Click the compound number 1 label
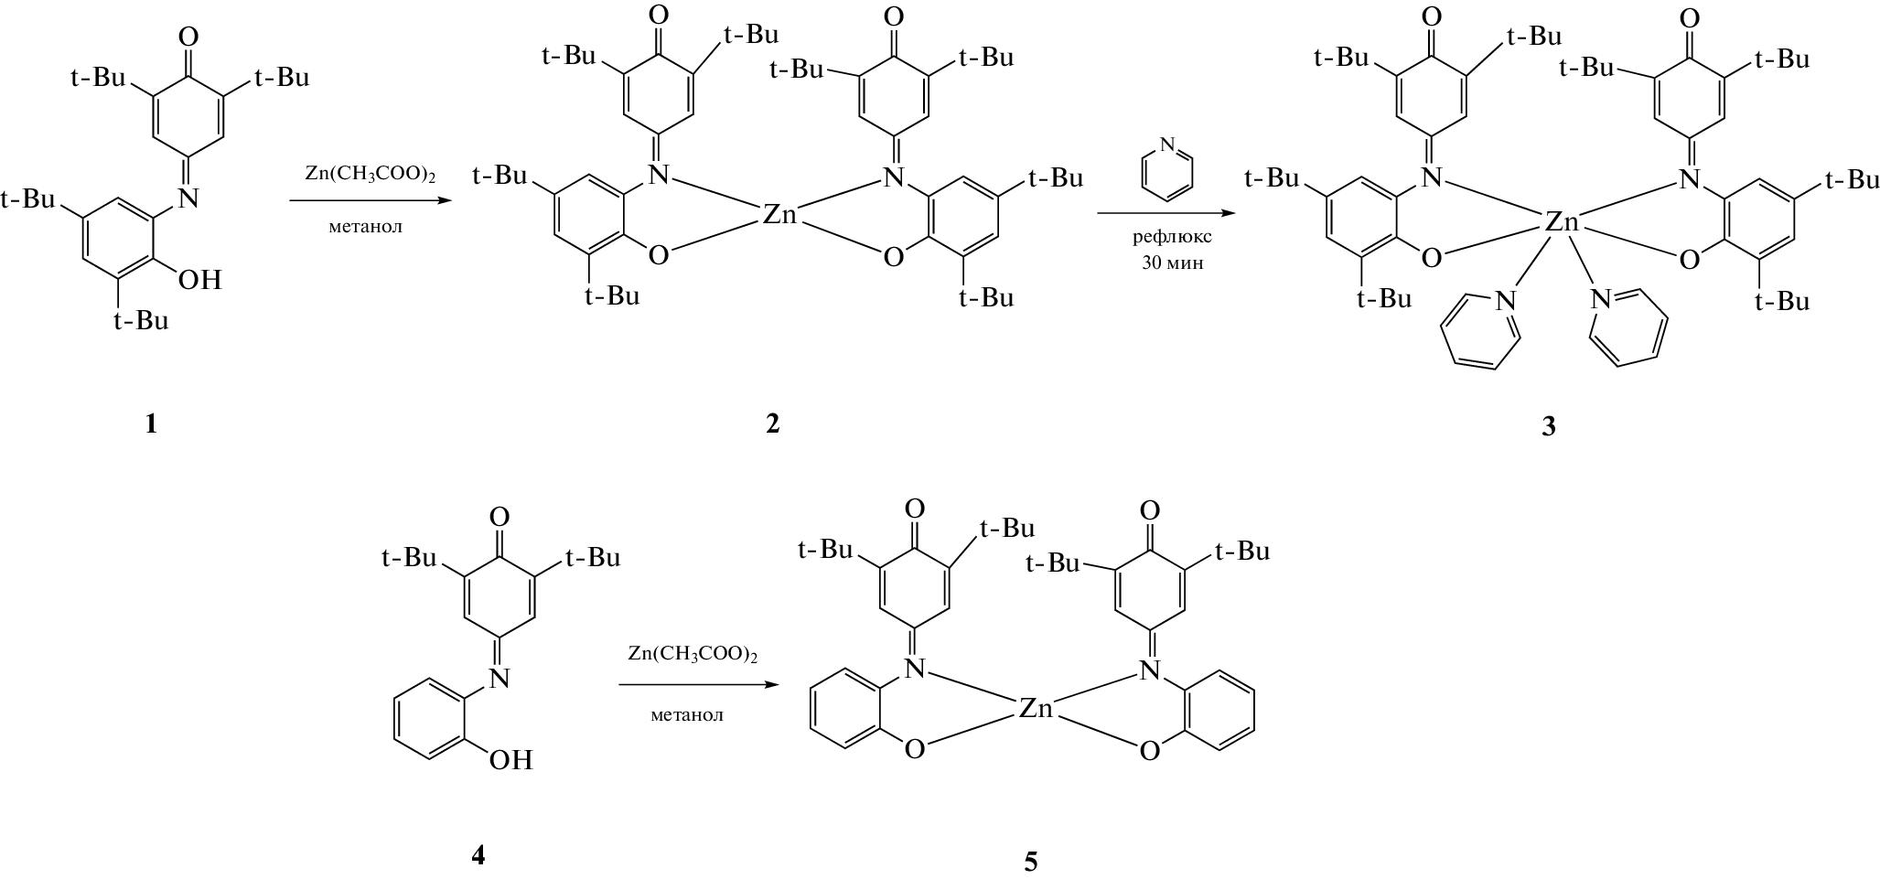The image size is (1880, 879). (x=151, y=424)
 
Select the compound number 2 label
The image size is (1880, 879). (x=773, y=424)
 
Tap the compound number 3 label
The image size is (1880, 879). (x=1548, y=426)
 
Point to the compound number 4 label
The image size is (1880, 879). (x=478, y=855)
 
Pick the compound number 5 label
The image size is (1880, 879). (x=1031, y=862)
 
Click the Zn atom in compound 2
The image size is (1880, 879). (x=779, y=216)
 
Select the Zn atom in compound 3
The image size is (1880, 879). (x=1563, y=221)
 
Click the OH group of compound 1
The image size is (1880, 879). (x=199, y=279)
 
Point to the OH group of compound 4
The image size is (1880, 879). (x=510, y=759)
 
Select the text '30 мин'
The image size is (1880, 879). (x=1172, y=263)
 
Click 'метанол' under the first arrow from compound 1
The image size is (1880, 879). (x=366, y=227)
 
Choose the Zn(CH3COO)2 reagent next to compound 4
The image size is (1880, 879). (x=693, y=655)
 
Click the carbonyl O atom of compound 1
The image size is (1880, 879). (x=188, y=38)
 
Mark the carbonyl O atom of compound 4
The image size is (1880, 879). (x=500, y=519)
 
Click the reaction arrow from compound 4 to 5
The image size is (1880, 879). (x=700, y=684)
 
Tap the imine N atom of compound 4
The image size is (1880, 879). (x=499, y=678)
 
